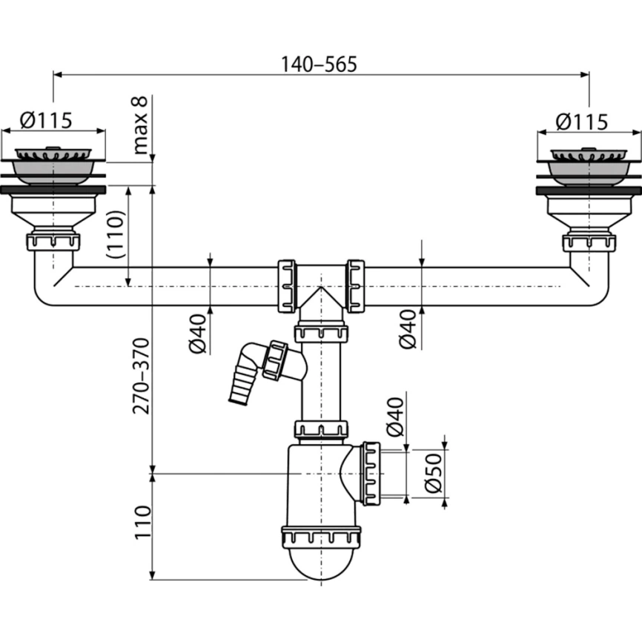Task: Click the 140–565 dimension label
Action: (x=319, y=64)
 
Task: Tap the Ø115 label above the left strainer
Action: (x=46, y=120)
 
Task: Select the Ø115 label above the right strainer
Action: (x=581, y=122)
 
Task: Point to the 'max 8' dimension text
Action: (x=140, y=125)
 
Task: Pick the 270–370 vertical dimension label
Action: (x=142, y=376)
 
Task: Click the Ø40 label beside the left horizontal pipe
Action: (x=198, y=334)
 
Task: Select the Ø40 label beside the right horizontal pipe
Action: (x=408, y=329)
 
